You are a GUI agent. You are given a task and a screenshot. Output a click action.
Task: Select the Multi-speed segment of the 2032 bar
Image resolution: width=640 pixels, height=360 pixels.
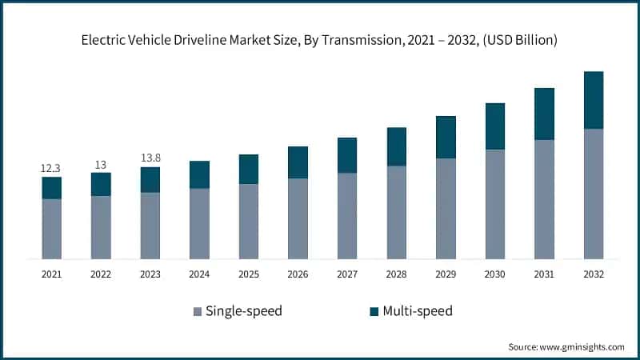[593, 100]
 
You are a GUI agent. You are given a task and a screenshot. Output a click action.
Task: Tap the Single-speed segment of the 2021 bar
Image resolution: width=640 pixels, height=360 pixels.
[52, 229]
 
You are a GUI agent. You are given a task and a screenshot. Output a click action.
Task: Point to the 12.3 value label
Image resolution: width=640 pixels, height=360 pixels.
[52, 168]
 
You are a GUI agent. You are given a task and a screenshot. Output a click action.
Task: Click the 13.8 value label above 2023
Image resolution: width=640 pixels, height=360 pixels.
[150, 158]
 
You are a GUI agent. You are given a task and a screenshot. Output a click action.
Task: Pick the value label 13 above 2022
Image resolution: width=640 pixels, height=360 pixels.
[101, 164]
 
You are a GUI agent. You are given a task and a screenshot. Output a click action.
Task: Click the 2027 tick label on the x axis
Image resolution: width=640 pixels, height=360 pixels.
[347, 274]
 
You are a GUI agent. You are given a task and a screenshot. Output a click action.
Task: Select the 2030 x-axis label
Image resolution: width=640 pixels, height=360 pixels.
[495, 274]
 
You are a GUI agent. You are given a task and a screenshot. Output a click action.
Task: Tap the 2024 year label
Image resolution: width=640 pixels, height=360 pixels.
[199, 274]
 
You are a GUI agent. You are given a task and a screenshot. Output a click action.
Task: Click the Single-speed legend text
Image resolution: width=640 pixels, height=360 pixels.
[243, 310]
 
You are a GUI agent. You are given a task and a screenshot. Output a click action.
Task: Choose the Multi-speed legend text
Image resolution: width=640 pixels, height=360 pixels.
[417, 310]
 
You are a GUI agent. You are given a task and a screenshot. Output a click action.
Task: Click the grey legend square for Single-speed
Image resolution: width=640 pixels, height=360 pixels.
[196, 311]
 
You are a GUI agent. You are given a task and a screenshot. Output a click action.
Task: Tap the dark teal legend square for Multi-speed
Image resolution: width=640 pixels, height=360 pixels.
[374, 311]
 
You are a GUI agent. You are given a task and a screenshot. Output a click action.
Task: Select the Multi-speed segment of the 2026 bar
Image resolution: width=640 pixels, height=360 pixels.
[298, 162]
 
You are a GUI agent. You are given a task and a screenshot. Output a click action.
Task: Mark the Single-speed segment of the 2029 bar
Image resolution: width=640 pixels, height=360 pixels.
[446, 209]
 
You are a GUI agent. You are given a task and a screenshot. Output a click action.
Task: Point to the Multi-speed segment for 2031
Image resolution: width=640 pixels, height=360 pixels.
[544, 114]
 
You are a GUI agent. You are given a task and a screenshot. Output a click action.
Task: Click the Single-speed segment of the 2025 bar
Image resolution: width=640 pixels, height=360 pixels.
[249, 222]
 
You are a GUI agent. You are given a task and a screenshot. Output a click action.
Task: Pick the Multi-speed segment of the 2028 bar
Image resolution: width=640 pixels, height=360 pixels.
[397, 146]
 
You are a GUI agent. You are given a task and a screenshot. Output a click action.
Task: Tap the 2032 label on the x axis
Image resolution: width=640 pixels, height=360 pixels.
[593, 274]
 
